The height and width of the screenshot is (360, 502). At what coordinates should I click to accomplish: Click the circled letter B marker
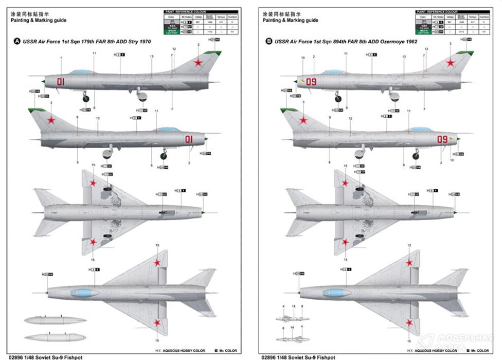[x=268, y=41]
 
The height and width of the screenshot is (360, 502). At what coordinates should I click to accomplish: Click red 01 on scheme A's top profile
[x=61, y=82]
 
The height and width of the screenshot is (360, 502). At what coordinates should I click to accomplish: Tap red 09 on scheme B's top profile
[x=311, y=81]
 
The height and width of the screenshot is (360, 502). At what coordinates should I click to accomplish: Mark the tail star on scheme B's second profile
[x=303, y=121]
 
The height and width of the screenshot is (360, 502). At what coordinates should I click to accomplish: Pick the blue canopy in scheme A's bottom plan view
[x=85, y=293]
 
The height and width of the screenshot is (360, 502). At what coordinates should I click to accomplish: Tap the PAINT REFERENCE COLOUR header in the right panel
[x=438, y=11]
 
